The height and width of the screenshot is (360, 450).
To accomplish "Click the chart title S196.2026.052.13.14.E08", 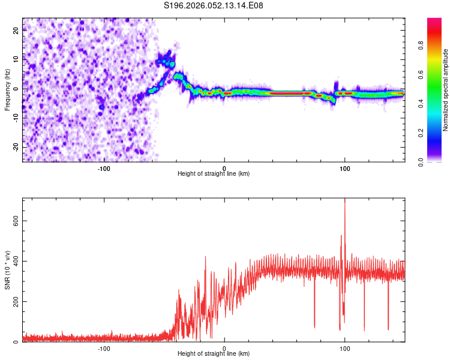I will pos(214,5).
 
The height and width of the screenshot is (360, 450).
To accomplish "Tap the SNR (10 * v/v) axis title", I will pos(7,270).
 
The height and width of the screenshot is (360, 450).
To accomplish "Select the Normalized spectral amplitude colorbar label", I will pos(446,90).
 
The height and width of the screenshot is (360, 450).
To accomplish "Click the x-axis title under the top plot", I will pos(214,173).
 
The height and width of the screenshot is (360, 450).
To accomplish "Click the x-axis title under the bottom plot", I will pos(214,353).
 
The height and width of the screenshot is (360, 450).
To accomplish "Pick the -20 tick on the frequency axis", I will pos(16,147).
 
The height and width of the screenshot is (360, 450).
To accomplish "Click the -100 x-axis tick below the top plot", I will pos(104,167).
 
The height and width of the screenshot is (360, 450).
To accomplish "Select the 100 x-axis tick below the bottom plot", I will pos(345,347).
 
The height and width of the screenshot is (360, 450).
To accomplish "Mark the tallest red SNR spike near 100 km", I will pos(344,202).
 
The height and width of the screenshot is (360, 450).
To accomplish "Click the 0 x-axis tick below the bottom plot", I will pos(224,347).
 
